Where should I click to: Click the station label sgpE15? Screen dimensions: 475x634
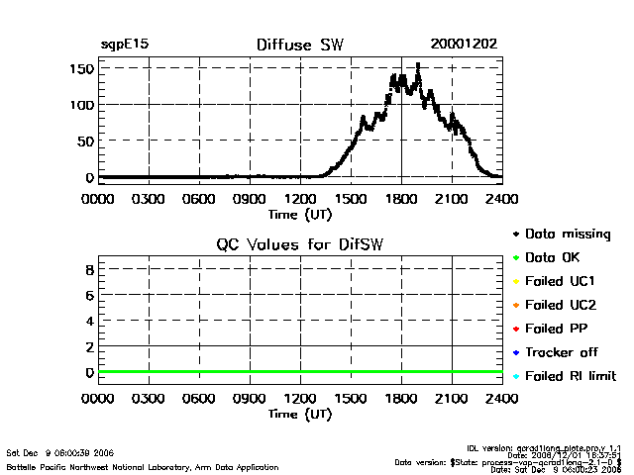coord(125,45)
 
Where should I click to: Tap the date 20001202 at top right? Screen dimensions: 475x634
coord(464,45)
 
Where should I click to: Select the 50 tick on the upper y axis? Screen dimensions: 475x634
coord(86,141)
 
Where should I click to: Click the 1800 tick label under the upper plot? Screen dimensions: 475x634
coord(401,198)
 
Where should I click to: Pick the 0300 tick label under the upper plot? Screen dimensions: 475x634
coord(149,198)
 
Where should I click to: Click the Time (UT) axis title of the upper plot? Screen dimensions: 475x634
coord(300,213)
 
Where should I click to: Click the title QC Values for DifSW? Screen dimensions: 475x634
coord(300,244)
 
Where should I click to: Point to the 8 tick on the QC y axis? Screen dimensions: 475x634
coord(89,269)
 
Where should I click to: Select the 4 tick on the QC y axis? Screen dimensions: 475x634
coord(89,322)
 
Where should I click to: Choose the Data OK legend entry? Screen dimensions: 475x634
coord(558,257)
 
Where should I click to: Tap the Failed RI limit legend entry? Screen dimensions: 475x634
coord(571,376)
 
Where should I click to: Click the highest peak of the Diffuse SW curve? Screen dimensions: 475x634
coord(418,65)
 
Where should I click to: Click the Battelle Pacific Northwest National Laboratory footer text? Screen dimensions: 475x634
coord(143,466)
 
